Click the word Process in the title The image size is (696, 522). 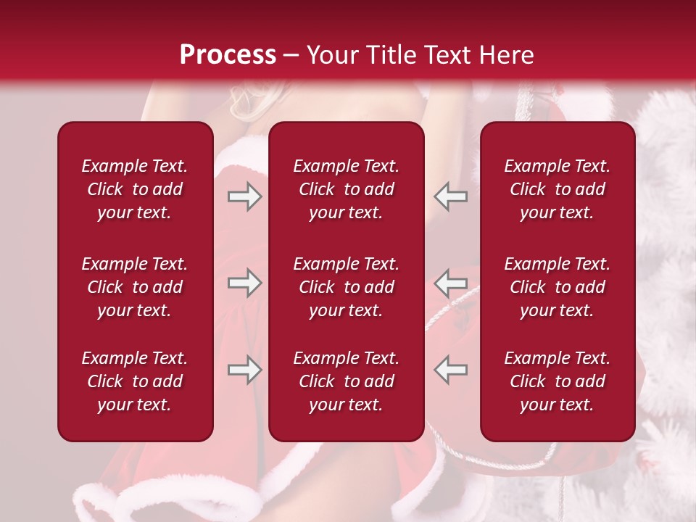[x=228, y=55]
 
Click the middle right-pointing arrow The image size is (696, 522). [x=244, y=283]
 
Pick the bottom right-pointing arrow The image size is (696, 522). [x=244, y=370]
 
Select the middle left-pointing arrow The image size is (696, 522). [x=450, y=283]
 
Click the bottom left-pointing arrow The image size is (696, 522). [x=450, y=370]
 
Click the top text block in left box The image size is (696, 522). [x=135, y=189]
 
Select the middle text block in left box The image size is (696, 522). [x=135, y=287]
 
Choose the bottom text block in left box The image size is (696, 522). [x=135, y=381]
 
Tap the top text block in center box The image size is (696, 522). [x=346, y=189]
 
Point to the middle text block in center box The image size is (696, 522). [x=346, y=287]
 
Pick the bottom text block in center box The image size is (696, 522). [x=346, y=381]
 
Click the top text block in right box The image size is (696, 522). [x=557, y=189]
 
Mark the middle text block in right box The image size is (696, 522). [x=557, y=287]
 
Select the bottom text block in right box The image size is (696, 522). [x=557, y=381]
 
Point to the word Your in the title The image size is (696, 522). [x=330, y=55]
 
